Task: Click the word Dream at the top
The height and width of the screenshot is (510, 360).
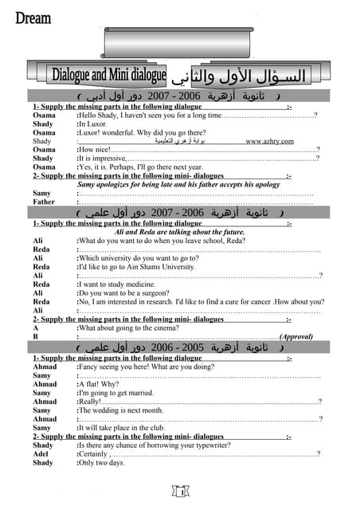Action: coord(33,18)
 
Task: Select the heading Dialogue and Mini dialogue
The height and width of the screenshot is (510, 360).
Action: coord(109,76)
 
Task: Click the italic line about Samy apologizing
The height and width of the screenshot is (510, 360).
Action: coord(179,184)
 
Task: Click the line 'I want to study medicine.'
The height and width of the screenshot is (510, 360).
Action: coord(121,284)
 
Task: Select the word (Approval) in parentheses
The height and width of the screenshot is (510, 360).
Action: coord(295,337)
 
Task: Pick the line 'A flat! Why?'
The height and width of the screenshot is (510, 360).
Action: coord(99,384)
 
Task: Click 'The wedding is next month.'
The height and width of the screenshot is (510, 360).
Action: coord(121,410)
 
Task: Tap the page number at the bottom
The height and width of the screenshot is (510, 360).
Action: coord(182,493)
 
